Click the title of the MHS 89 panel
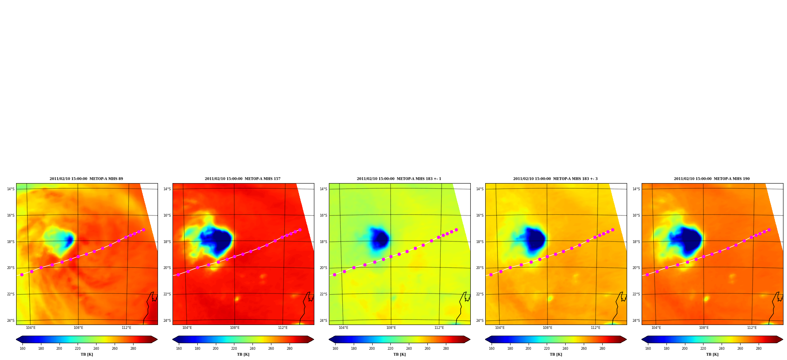pos(86,179)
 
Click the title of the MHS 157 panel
pos(243,179)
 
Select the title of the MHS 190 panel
pos(712,179)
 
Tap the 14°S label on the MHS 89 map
pos(11,189)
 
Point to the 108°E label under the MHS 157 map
pos(235,328)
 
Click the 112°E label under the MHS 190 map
pos(752,328)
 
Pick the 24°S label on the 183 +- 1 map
pos(323,321)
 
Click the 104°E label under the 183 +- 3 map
pos(500,328)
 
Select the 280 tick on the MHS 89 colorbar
pos(133,349)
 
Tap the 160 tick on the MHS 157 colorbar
pos(179,349)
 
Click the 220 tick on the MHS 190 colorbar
pos(703,349)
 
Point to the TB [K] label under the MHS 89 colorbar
pos(87,354)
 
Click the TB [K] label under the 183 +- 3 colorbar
pos(556,354)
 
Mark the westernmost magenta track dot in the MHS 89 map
pos(22,275)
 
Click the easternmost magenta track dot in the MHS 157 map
pos(300,230)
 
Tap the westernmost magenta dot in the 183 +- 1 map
pos(334,275)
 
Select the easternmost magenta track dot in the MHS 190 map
pos(769,230)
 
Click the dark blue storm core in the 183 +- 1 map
pos(381,239)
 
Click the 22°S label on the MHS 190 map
pos(636,294)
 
